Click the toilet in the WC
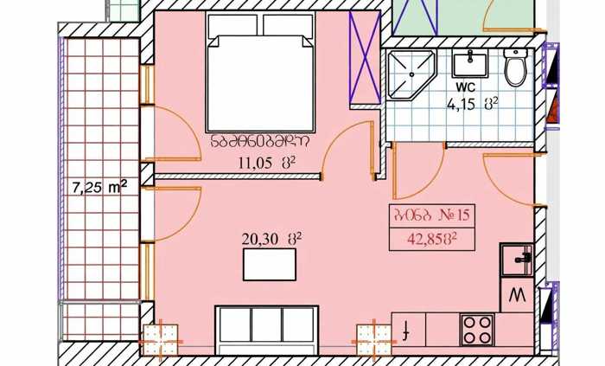click(x=516, y=67)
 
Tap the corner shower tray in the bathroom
click(x=411, y=74)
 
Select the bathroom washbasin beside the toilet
click(x=470, y=64)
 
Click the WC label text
click(x=465, y=87)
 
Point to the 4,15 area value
click(x=461, y=104)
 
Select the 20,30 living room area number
click(x=260, y=239)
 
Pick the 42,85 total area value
click(x=425, y=239)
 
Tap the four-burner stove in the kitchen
click(x=477, y=331)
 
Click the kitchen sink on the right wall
click(x=517, y=260)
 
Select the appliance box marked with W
click(x=517, y=295)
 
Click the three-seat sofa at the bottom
click(x=267, y=330)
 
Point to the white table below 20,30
click(x=270, y=265)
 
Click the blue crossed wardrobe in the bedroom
click(x=364, y=57)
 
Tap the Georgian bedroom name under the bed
click(x=259, y=142)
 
